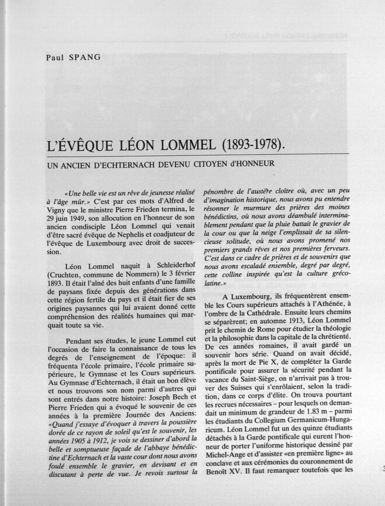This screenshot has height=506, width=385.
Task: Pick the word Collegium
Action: pos(275,421)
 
